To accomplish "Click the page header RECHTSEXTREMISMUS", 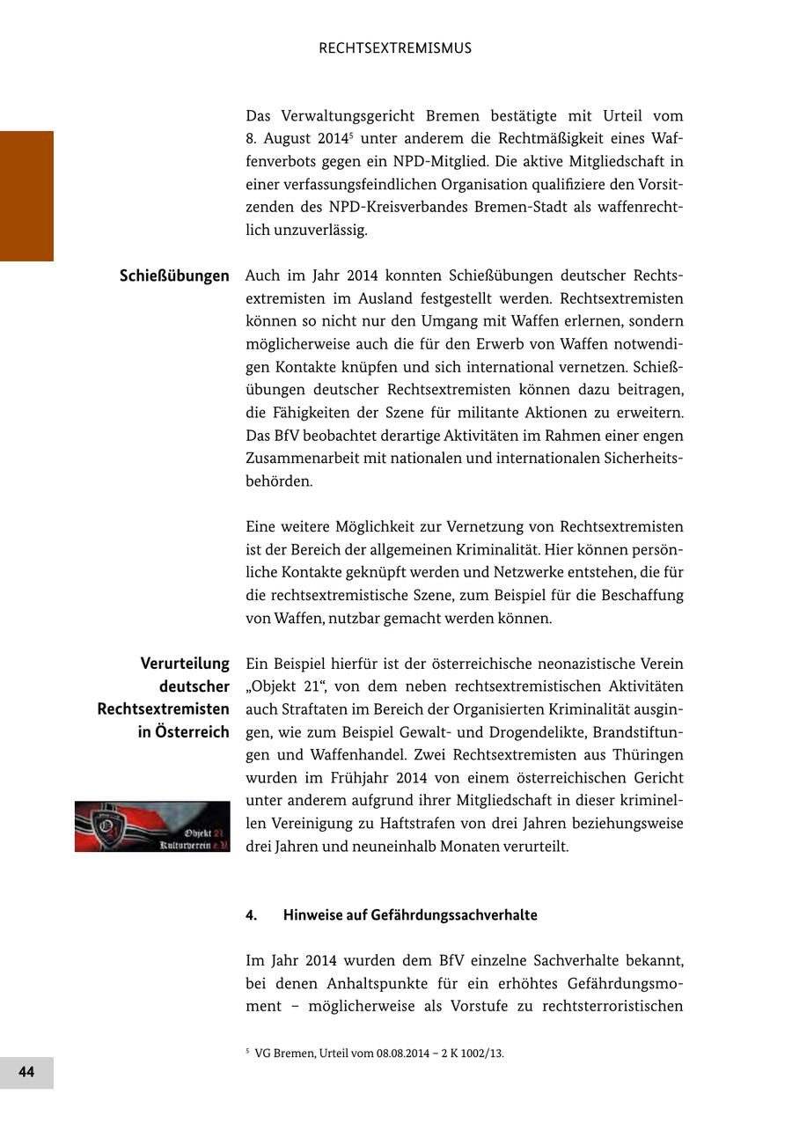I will [395, 48].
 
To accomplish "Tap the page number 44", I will [26, 1072].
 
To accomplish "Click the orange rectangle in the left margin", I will [26, 195].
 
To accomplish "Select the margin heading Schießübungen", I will [174, 275].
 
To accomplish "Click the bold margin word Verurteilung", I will [185, 664].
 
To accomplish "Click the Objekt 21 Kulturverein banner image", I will [152, 826].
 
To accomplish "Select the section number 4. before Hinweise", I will [252, 915].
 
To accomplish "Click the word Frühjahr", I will [363, 778].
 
